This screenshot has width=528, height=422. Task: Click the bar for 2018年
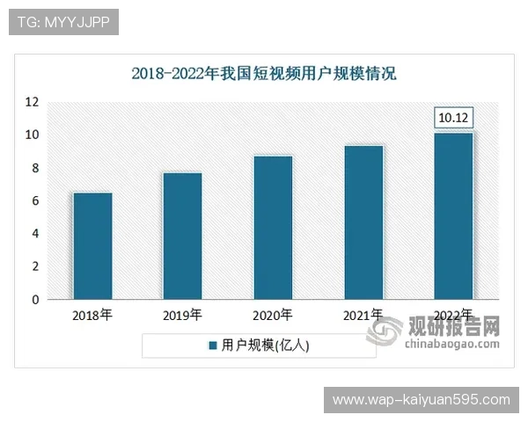92,246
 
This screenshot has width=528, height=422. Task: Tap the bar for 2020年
273,228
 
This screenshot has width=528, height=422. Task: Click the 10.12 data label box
454,118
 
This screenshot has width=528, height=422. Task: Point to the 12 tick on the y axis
32,102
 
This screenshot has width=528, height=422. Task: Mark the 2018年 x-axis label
92,315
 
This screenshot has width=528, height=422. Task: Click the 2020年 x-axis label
273,315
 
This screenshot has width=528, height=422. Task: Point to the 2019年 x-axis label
182,315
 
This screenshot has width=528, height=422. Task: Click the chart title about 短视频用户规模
264,74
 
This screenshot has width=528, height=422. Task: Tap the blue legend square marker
212,346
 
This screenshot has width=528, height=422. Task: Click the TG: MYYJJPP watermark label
63,22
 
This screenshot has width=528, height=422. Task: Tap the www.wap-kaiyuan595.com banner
422,400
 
